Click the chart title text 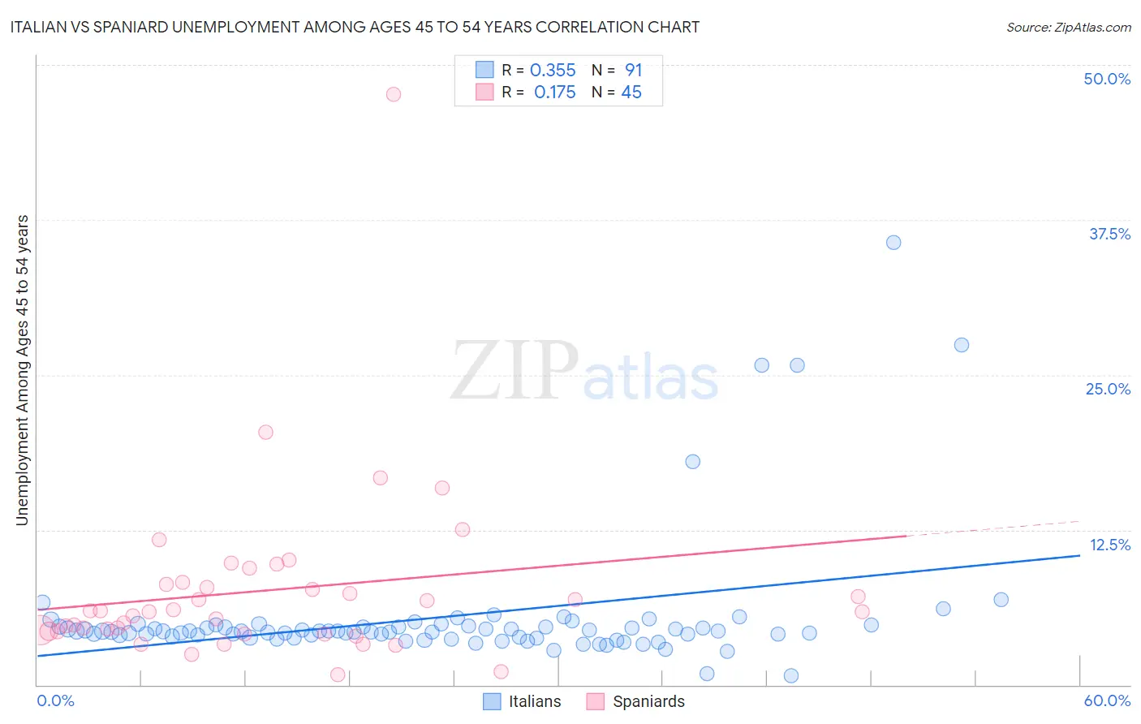click(x=354, y=27)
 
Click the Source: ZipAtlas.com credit click(x=1068, y=27)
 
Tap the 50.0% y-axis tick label click(x=1107, y=79)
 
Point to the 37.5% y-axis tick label click(x=1109, y=234)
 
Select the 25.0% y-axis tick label click(x=1108, y=389)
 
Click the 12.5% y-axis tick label click(x=1109, y=545)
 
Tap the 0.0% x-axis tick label click(x=55, y=700)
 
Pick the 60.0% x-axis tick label click(x=1107, y=700)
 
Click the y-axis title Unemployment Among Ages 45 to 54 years click(x=22, y=370)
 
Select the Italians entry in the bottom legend click(x=534, y=701)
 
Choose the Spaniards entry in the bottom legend click(x=648, y=701)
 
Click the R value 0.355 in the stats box click(x=553, y=71)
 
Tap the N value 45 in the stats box click(x=631, y=93)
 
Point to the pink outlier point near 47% click(x=394, y=94)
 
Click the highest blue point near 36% click(x=893, y=243)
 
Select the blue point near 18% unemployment click(x=692, y=462)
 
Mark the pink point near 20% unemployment click(x=265, y=433)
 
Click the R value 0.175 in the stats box click(x=554, y=93)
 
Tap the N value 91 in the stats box click(x=633, y=71)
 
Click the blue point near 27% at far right click(x=962, y=345)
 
